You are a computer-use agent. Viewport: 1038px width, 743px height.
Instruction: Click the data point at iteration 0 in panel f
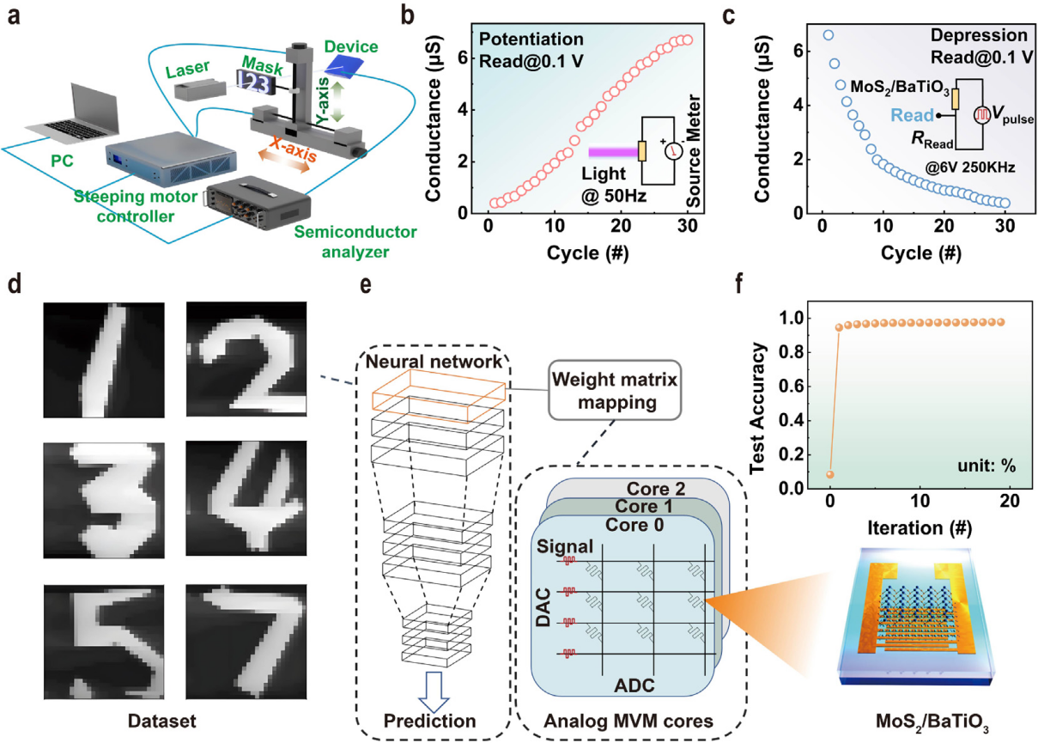tap(829, 474)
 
